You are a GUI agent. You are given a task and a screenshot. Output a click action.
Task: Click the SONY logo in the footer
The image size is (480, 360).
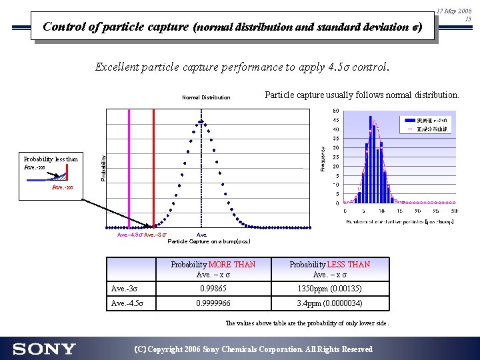[x=44, y=349]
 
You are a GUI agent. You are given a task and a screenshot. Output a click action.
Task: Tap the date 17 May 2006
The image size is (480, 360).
[x=455, y=11]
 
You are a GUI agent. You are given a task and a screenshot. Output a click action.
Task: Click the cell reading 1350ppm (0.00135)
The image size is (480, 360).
[x=329, y=289]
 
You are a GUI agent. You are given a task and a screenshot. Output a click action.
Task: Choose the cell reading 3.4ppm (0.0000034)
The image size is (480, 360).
[x=329, y=303]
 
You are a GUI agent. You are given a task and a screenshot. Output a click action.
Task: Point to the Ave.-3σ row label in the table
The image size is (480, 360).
[x=125, y=289]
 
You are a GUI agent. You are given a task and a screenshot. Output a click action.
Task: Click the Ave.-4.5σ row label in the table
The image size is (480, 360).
[x=127, y=303]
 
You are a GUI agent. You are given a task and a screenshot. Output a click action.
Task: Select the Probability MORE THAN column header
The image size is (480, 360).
[x=213, y=269]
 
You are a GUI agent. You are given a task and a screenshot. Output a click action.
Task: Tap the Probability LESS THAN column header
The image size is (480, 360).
[x=329, y=269]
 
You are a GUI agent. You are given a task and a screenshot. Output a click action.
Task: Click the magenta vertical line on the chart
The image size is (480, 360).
[x=129, y=167]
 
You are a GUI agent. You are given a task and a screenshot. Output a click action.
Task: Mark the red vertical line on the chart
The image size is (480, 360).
[x=154, y=167]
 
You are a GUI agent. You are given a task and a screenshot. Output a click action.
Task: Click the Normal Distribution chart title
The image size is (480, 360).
[x=206, y=97]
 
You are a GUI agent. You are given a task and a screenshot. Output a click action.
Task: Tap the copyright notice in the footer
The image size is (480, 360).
[x=253, y=349]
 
